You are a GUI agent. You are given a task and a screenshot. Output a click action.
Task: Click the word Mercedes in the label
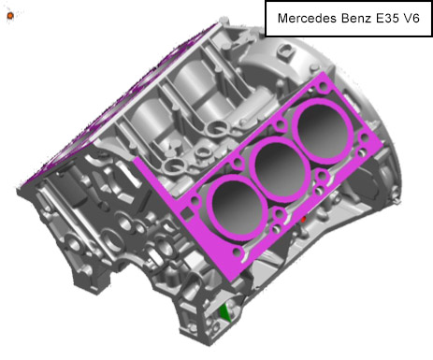point(304,18)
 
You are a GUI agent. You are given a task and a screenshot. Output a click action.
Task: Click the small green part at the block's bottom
point(224,312)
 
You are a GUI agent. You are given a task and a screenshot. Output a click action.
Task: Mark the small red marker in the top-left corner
point(9,16)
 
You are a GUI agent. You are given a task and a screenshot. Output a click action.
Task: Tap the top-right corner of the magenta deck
point(329,75)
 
